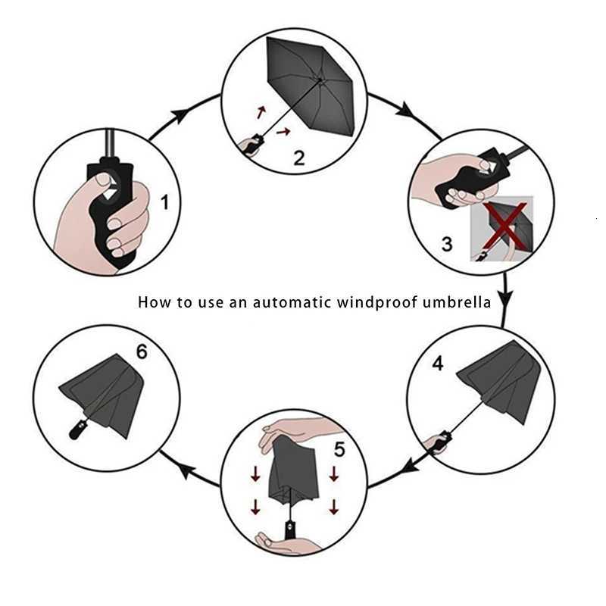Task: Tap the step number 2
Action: pos(298,158)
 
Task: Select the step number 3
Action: pos(447,243)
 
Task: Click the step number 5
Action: pos(339,449)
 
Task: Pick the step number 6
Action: pos(141,351)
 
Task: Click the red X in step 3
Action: pos(501,226)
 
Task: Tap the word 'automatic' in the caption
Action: pos(292,302)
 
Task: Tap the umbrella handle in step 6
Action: pos(77,432)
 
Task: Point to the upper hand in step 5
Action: pos(292,430)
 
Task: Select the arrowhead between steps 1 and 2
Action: pos(180,114)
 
